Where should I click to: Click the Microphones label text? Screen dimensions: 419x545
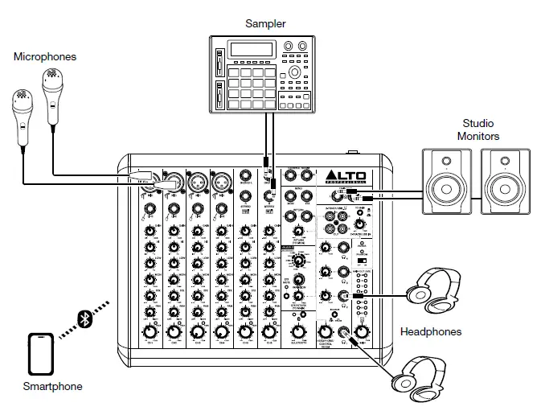point(45,56)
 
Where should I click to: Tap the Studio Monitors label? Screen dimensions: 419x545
point(478,130)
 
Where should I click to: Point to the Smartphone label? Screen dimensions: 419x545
point(52,387)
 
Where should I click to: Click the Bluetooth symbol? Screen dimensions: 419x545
point(84,318)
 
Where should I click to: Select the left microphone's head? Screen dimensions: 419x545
point(22,101)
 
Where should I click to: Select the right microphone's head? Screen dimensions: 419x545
point(53,82)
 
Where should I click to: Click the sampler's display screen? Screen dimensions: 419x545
point(251,49)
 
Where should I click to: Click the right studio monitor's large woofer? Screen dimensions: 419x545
point(503,191)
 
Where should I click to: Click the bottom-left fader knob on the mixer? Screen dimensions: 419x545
point(150,332)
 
